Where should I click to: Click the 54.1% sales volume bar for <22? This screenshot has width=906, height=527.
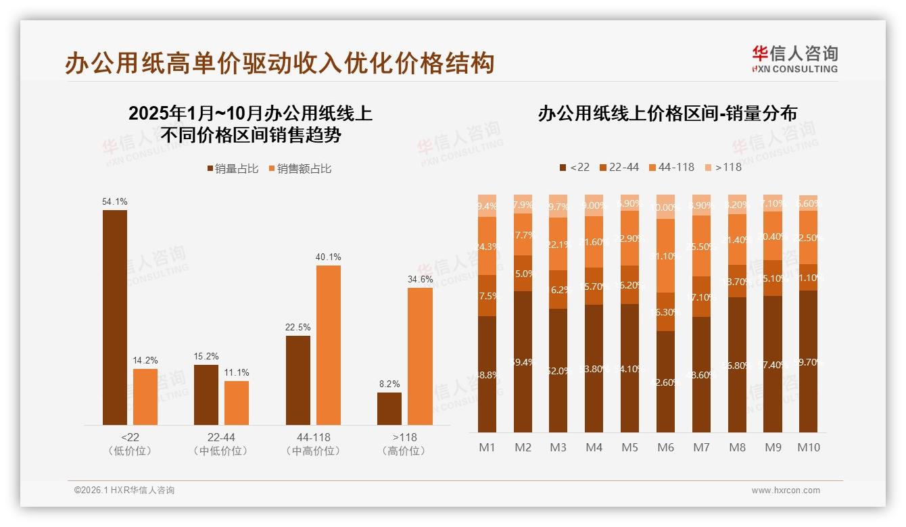(x=115, y=318)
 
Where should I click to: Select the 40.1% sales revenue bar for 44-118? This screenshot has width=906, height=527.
(x=329, y=345)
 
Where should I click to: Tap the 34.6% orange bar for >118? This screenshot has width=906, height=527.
(x=420, y=357)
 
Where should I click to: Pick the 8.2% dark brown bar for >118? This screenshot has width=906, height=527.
(x=389, y=409)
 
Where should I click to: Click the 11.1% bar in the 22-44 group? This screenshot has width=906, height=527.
(x=237, y=403)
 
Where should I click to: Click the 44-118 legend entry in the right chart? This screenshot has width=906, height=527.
(x=671, y=167)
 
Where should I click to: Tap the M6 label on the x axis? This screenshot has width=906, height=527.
(x=666, y=447)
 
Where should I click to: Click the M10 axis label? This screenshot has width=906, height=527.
(x=808, y=447)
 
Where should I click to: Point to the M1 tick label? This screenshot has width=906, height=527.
(x=487, y=447)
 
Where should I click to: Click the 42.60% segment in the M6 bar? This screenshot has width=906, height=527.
(x=666, y=382)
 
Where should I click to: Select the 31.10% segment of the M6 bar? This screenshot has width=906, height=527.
(x=666, y=255)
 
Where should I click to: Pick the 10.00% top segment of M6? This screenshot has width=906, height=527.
(x=666, y=207)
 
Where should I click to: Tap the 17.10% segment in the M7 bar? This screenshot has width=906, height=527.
(x=702, y=297)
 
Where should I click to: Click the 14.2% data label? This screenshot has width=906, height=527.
(x=145, y=360)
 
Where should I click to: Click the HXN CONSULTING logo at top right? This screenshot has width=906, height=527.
(x=795, y=59)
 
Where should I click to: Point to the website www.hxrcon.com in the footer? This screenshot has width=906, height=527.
(x=786, y=491)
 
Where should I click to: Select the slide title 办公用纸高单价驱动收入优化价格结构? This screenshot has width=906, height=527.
(x=280, y=63)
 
